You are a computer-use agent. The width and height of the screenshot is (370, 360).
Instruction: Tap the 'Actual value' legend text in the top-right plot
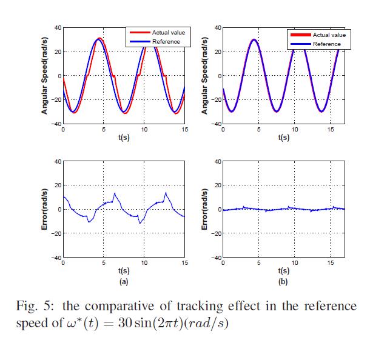tap(329, 35)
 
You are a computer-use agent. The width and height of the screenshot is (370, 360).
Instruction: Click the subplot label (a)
tap(123, 281)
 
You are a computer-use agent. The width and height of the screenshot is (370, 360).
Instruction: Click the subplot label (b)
tap(283, 281)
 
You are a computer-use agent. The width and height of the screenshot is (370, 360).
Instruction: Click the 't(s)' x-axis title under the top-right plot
tap(283, 138)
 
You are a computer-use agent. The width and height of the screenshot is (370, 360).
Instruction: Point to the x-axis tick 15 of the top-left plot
tap(185, 130)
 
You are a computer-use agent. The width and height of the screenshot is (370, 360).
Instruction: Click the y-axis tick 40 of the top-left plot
tap(57, 27)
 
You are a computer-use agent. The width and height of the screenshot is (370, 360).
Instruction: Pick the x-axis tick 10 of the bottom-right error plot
tap(295, 263)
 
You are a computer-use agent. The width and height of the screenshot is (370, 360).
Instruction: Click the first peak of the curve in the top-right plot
tap(254, 39)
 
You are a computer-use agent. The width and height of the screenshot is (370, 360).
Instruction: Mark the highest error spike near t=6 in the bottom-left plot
tap(115, 193)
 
